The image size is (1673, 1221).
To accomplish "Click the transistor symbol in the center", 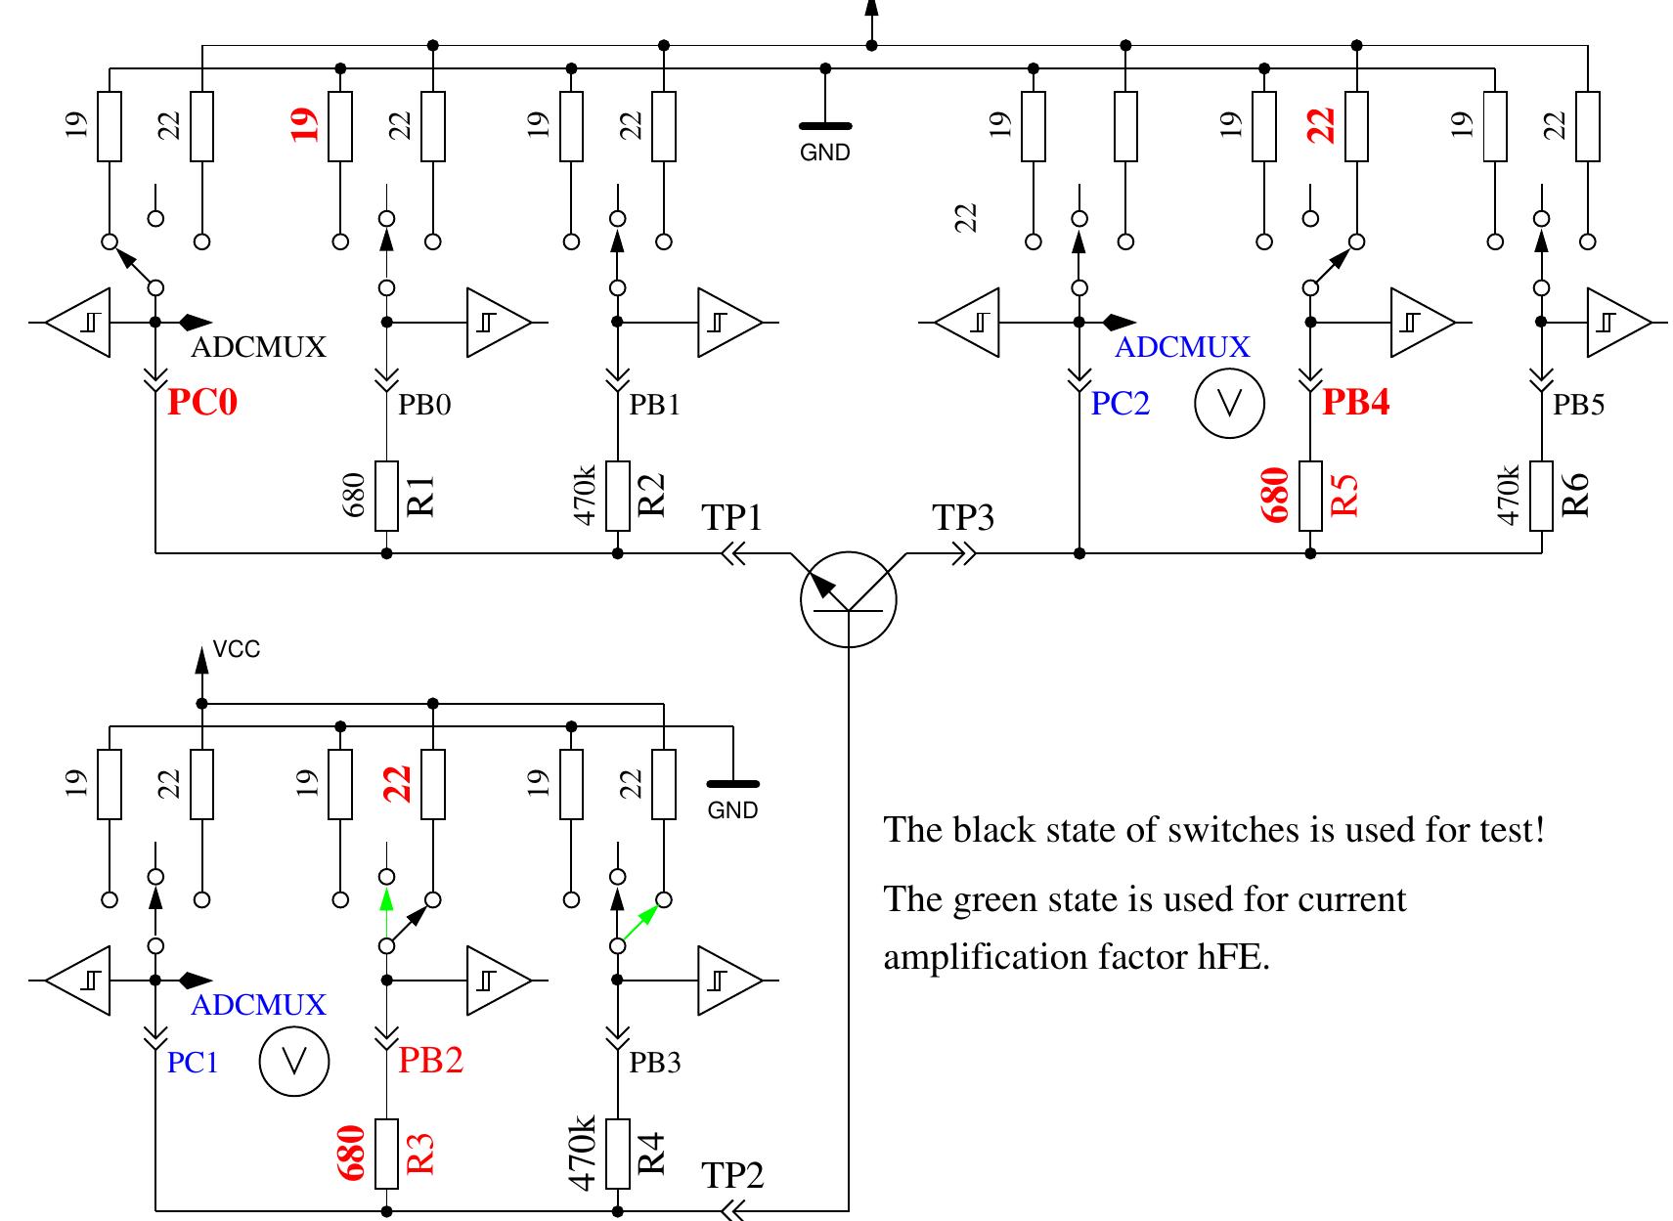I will (848, 598).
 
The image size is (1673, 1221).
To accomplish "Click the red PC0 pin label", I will (202, 402).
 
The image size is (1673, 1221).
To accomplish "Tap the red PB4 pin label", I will (1355, 402).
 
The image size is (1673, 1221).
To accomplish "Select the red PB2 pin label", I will (430, 1060).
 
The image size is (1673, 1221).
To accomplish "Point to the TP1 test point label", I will (731, 518).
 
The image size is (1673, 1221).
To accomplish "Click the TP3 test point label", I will (963, 518).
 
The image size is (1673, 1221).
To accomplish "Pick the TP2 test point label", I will (731, 1175).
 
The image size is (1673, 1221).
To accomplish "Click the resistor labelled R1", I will (387, 496).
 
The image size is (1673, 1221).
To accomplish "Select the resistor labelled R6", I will (1542, 496).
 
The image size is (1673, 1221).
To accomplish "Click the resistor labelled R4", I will (618, 1154).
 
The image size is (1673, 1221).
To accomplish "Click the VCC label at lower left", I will (237, 650).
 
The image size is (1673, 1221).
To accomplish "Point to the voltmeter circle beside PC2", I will (1229, 404).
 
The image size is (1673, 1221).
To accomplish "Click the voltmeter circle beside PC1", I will (294, 1062).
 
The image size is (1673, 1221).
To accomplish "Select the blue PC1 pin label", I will (193, 1063).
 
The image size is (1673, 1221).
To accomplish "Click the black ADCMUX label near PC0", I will (258, 347).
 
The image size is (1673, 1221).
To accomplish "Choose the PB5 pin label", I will (1578, 405).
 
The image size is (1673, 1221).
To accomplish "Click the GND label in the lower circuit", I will (732, 810).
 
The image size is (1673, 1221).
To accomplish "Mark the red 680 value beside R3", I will (352, 1154).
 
